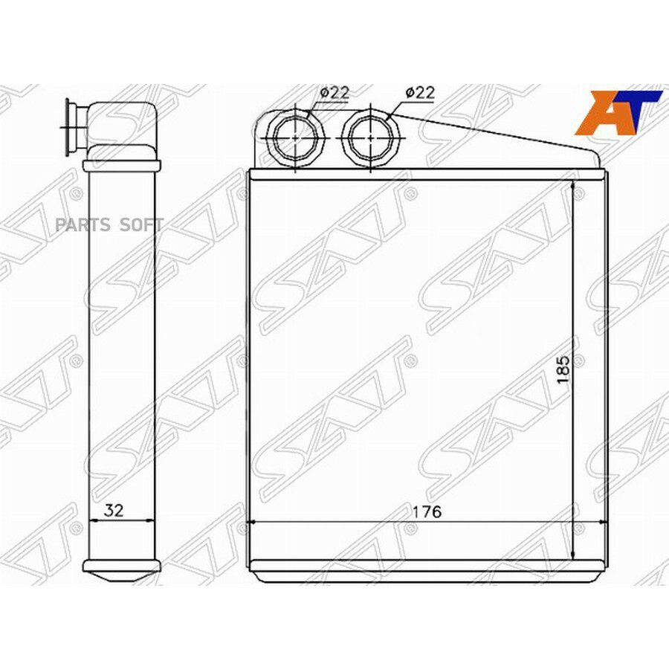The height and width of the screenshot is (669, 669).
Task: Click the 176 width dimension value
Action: coord(426,511)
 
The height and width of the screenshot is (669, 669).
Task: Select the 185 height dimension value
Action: coord(563,369)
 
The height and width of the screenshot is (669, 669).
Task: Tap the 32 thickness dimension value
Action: coord(114,510)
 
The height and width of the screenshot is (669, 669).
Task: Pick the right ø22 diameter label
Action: coord(420,92)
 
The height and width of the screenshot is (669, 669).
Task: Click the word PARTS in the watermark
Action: coord(83,224)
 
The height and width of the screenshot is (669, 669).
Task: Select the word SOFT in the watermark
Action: coord(141,224)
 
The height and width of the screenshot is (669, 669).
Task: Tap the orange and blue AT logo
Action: coord(618,113)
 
